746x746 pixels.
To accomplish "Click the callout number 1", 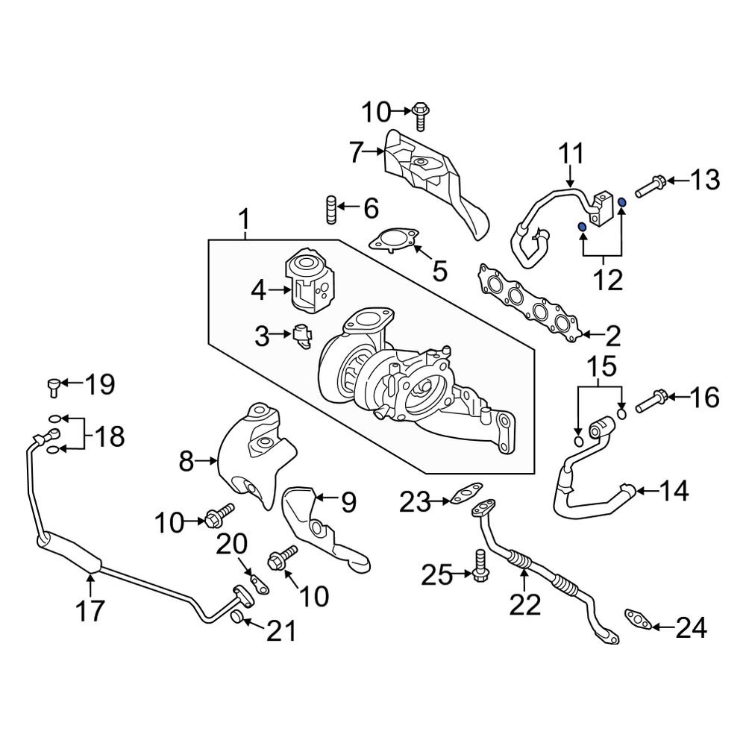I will tap(244, 222).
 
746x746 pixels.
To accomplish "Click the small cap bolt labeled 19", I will tap(53, 385).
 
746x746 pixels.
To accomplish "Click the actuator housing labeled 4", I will tap(308, 285).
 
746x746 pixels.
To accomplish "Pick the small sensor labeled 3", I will tap(302, 336).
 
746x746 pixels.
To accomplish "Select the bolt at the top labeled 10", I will tap(421, 116).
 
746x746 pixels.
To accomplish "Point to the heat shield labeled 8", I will tap(250, 455).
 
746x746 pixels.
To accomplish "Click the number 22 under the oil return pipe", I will tap(524, 605).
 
